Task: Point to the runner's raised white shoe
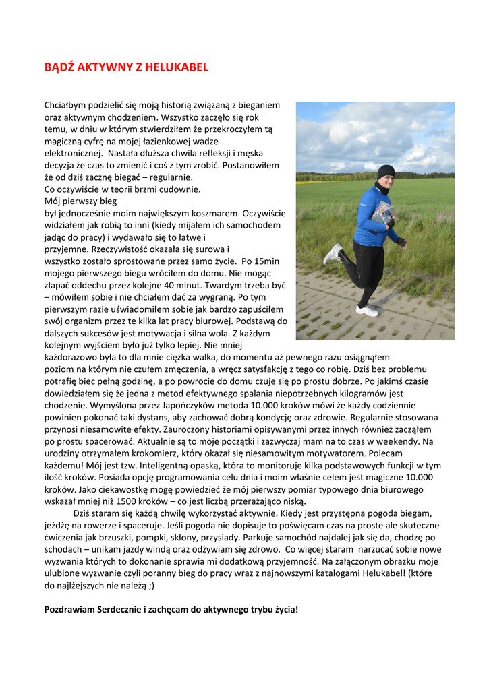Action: pos(333,253)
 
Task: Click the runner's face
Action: pos(384,183)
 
